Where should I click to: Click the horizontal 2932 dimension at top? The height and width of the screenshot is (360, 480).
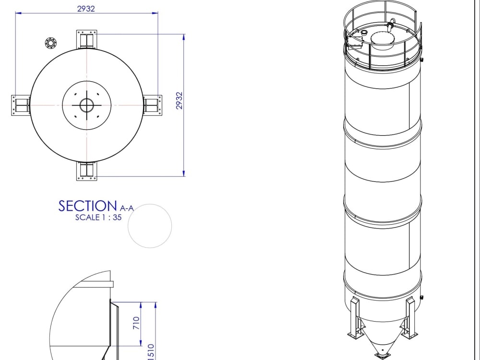click(86, 8)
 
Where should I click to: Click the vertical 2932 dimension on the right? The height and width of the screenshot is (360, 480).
click(179, 100)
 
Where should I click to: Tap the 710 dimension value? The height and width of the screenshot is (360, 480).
click(136, 323)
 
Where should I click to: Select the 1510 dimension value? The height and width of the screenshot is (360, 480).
click(150, 352)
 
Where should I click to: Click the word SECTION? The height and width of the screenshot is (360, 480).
click(87, 206)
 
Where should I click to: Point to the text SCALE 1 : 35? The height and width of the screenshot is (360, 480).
click(98, 217)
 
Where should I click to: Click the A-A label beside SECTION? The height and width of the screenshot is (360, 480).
click(126, 208)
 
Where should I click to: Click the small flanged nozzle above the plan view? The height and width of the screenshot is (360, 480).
click(50, 43)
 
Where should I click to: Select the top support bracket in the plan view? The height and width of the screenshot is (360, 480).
click(87, 39)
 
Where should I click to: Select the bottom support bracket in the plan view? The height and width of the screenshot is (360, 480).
click(87, 171)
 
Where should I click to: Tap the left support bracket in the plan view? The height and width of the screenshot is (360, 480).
click(21, 105)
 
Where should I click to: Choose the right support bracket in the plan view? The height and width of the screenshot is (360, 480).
click(153, 104)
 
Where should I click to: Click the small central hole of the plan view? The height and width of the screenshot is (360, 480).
click(87, 105)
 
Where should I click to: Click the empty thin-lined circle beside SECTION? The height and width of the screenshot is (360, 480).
click(150, 226)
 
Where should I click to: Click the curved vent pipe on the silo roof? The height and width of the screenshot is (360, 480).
click(392, 24)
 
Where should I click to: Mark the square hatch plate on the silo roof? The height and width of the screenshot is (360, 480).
click(355, 42)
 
